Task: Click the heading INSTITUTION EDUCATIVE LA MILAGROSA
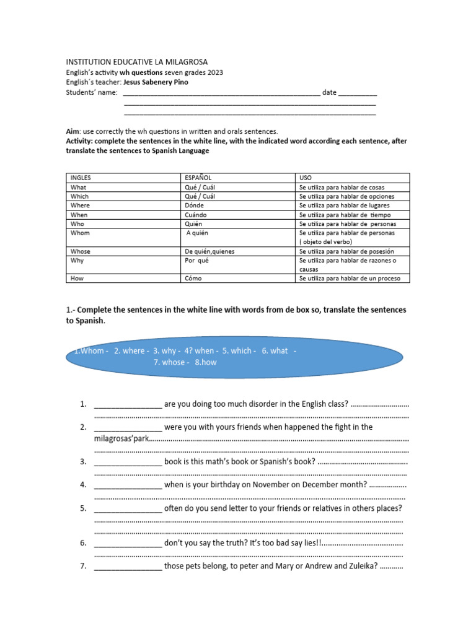coord(137,63)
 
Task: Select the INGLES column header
coord(81,178)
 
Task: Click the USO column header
coord(306,178)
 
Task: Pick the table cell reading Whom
coord(81,233)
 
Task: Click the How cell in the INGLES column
coord(77,279)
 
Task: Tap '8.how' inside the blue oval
coord(206,362)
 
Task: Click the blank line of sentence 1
coord(128,405)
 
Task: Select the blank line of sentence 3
coord(128,462)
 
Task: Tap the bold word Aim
coord(73,132)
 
